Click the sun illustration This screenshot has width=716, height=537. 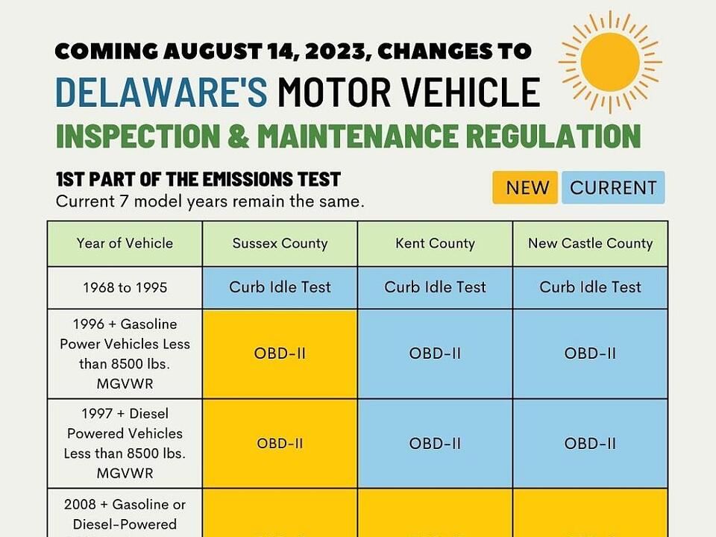(609, 62)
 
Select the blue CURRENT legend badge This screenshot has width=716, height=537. (613, 188)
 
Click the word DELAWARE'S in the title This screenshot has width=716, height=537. (161, 92)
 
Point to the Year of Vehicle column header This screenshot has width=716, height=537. (125, 243)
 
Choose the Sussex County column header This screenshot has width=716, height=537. (280, 243)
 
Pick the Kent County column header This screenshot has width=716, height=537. (435, 243)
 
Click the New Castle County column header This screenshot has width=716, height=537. (590, 243)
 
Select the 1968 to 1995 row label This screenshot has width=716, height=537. (125, 287)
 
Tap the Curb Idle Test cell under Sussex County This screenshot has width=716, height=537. (280, 287)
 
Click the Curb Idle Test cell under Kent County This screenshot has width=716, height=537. (435, 287)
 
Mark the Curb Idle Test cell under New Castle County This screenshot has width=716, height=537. (590, 287)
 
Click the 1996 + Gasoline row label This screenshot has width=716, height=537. (125, 354)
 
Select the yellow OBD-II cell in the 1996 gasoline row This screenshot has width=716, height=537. (280, 354)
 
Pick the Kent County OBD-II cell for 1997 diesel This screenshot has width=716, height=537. (435, 443)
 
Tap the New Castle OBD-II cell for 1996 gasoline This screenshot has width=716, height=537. (590, 354)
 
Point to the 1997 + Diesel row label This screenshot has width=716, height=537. (125, 443)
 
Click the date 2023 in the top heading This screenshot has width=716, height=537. (326, 51)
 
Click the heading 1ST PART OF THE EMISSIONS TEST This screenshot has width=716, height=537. (198, 179)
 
